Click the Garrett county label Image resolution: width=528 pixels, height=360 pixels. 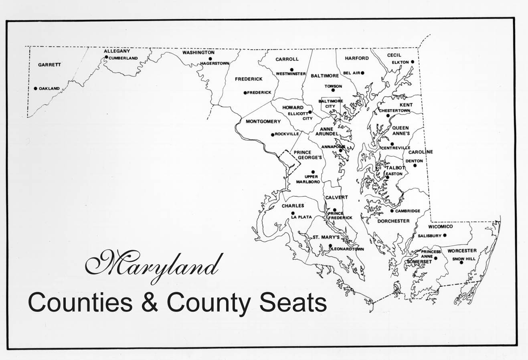49,65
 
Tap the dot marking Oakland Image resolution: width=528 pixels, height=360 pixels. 35,89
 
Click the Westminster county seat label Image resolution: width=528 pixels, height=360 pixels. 291,74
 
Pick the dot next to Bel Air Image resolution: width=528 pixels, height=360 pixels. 362,73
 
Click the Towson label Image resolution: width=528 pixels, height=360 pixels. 333,86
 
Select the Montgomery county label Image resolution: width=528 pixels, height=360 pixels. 263,121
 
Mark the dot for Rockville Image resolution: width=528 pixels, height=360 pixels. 273,135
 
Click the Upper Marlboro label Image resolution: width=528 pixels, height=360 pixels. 308,179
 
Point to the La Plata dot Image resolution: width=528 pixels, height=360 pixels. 293,213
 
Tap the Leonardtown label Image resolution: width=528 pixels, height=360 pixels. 347,249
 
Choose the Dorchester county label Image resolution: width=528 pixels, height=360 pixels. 393,221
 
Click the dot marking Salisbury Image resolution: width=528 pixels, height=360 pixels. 444,235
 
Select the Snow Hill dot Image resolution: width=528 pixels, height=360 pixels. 461,262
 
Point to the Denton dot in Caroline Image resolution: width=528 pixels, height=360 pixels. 415,165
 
